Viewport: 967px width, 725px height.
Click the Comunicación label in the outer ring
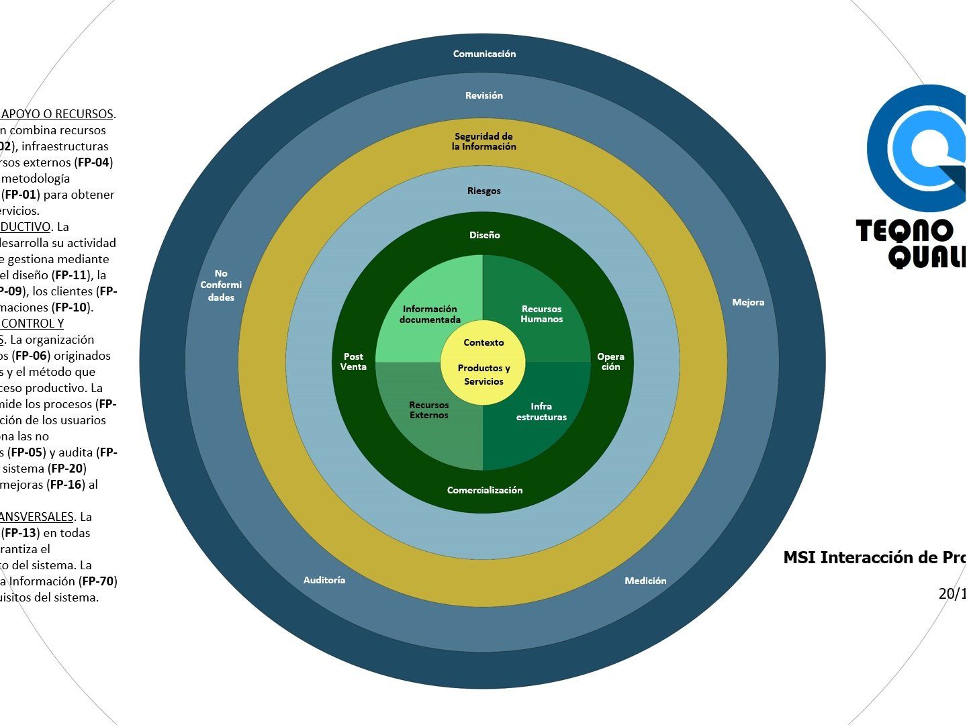(x=484, y=54)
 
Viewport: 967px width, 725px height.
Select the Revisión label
(x=483, y=95)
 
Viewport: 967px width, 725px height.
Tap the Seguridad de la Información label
(x=483, y=141)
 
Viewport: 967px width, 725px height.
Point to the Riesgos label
(x=483, y=191)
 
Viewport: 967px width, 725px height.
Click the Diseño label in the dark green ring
(x=484, y=235)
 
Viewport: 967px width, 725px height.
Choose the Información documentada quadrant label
(x=430, y=314)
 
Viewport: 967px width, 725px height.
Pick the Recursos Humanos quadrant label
(x=541, y=314)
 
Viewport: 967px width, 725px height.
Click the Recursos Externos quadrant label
(x=428, y=410)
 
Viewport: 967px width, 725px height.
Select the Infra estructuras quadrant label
(x=541, y=412)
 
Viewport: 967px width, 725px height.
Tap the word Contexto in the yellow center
(x=483, y=342)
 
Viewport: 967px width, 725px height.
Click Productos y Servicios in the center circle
(x=483, y=375)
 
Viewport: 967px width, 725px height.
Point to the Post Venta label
(x=353, y=362)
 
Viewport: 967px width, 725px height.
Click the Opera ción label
(x=610, y=362)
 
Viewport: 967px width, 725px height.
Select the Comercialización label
(x=484, y=490)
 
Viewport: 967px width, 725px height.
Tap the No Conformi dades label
(x=221, y=285)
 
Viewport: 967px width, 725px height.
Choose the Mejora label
(x=748, y=302)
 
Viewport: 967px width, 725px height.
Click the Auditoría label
(x=324, y=580)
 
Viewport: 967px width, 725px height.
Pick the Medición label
(x=645, y=581)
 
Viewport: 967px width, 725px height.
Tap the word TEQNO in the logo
(x=905, y=232)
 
